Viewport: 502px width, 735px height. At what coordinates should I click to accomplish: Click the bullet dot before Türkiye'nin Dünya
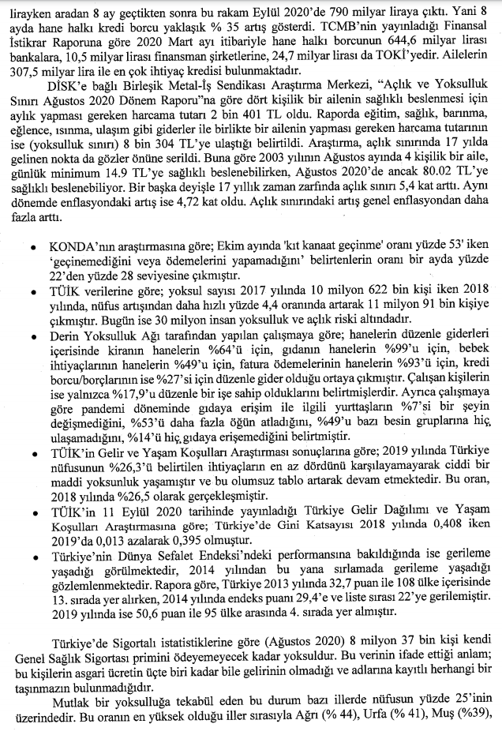30,560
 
